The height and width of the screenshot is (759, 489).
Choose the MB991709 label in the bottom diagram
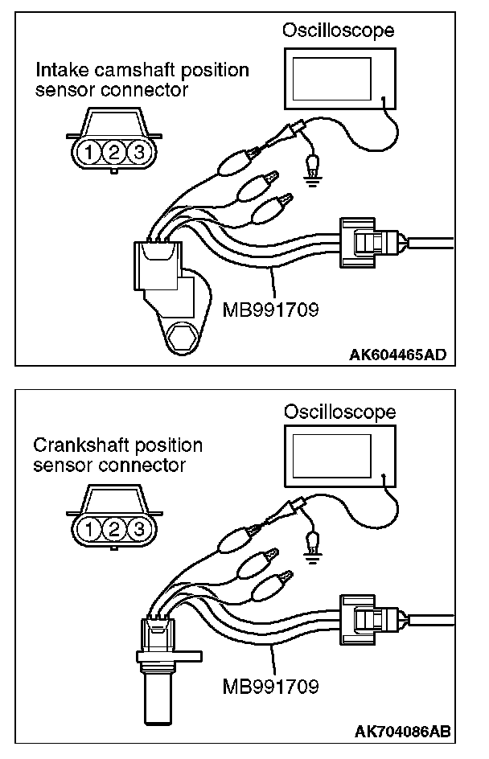point(270,687)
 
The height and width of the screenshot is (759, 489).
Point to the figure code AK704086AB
point(400,732)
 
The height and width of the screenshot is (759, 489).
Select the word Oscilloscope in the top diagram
point(338,31)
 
